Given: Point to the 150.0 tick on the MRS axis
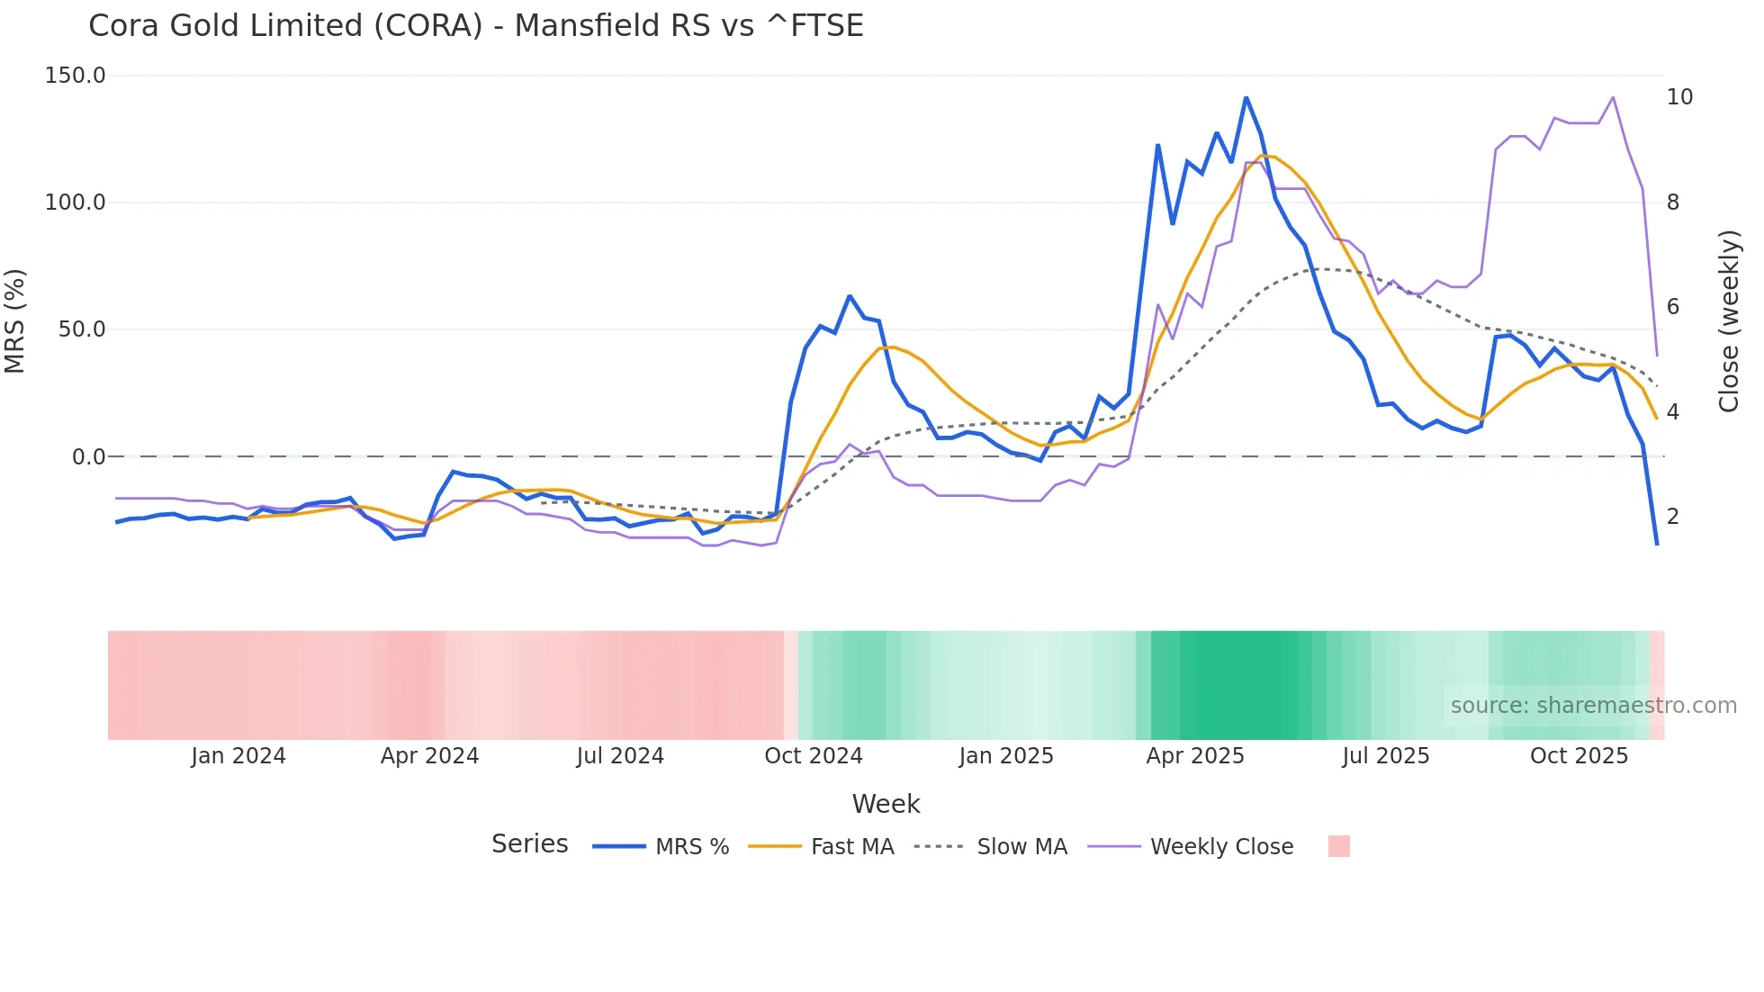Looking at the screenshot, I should [x=75, y=76].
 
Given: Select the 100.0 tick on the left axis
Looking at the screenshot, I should [x=75, y=203].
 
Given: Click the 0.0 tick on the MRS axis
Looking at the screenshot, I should [x=88, y=457].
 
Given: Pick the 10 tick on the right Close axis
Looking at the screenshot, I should [x=1679, y=97].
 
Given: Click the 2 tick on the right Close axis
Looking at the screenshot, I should [x=1673, y=517].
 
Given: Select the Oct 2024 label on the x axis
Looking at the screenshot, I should [x=813, y=756].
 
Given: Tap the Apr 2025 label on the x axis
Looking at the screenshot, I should [x=1194, y=756].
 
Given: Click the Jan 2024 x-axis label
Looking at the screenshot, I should [x=238, y=756].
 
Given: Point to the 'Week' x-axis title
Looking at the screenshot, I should [x=886, y=804].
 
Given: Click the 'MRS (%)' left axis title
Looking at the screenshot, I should [x=15, y=320].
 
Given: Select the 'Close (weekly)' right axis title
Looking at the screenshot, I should [x=1729, y=321].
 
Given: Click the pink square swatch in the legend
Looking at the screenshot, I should [x=1338, y=846].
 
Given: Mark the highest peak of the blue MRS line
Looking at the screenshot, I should [x=1246, y=97].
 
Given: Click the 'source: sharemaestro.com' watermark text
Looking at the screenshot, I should [x=1593, y=706].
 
